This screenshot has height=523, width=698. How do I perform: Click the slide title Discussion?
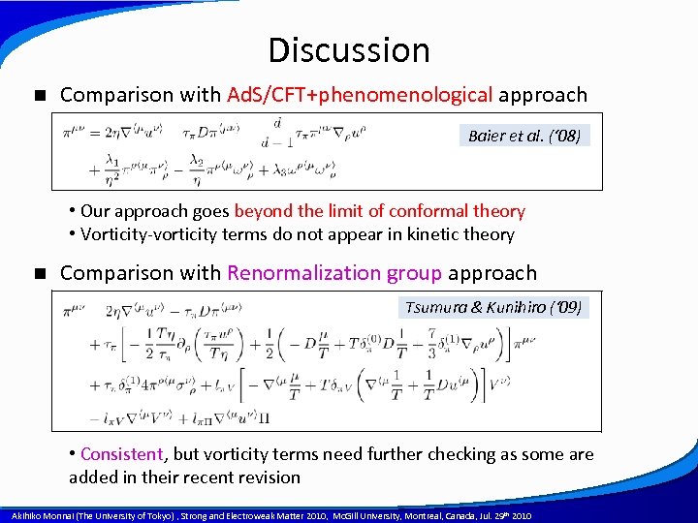pos(348,50)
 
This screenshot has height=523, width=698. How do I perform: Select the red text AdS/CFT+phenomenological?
pos(360,95)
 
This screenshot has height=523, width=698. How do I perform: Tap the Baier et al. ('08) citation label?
pos(524,137)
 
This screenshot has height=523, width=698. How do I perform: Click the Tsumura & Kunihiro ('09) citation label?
pos(494,308)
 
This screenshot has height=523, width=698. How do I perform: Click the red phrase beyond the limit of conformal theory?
pos(380,211)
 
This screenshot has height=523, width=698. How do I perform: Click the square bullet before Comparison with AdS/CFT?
pos(40,96)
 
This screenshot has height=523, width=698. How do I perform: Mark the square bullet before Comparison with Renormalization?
pos(40,274)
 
